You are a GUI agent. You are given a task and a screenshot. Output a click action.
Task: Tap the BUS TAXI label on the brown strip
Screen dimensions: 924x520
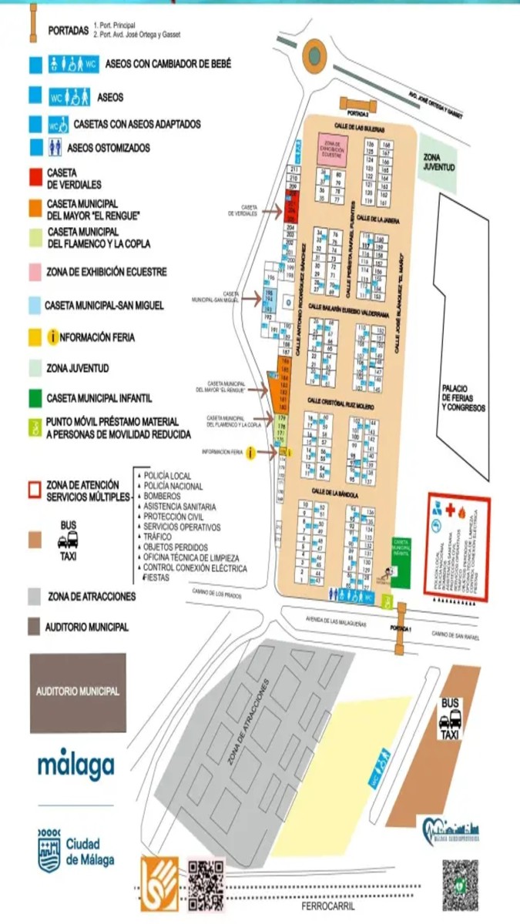pyautogui.click(x=450, y=718)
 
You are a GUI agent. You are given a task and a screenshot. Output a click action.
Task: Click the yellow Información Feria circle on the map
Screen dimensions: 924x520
pyautogui.click(x=250, y=453)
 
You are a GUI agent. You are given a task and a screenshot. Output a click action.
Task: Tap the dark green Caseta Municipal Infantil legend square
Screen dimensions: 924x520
pyautogui.click(x=35, y=398)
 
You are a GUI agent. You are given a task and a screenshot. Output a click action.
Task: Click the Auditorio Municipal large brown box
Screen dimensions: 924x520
pyautogui.click(x=78, y=692)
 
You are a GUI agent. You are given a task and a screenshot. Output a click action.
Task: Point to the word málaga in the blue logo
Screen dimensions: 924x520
pyautogui.click(x=76, y=765)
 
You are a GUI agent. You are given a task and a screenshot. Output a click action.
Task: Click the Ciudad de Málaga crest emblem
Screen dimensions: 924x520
pyautogui.click(x=49, y=850)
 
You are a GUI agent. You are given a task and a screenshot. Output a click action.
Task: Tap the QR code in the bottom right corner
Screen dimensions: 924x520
pyautogui.click(x=460, y=885)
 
